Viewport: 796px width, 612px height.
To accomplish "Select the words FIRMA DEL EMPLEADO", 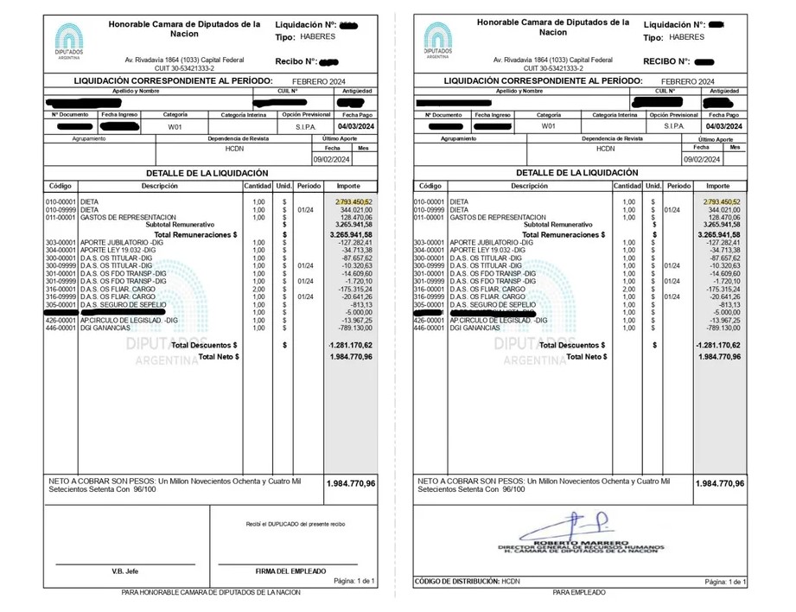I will pyautogui.click(x=291, y=571).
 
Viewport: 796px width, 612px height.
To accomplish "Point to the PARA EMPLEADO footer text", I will pyautogui.click(x=579, y=592).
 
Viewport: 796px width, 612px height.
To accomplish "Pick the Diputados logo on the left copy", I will pyautogui.click(x=68, y=41).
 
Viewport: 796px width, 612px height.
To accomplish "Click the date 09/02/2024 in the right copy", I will pyautogui.click(x=701, y=159).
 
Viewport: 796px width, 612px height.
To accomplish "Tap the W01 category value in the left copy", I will pyautogui.click(x=175, y=126).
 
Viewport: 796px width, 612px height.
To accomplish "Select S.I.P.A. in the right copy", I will pyautogui.click(x=673, y=126).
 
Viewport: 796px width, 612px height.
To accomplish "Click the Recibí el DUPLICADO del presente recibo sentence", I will pyautogui.click(x=296, y=524).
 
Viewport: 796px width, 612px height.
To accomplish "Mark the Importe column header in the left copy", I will pyautogui.click(x=348, y=186).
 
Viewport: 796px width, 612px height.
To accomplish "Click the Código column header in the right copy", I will pyautogui.click(x=430, y=186).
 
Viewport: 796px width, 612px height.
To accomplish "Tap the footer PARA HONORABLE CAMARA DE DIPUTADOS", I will pyautogui.click(x=211, y=592).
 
